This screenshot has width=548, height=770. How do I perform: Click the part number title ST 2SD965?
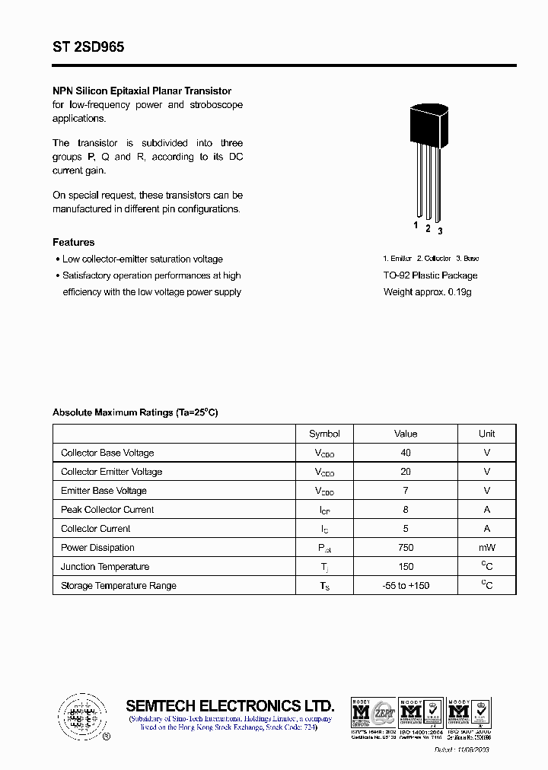(88, 47)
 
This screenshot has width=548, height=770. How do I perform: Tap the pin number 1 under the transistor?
(416, 225)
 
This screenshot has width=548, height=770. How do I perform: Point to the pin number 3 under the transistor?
(440, 231)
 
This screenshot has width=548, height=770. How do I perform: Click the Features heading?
(74, 242)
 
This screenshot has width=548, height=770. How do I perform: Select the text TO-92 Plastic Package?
(430, 275)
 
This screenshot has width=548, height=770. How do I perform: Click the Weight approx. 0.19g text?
(427, 292)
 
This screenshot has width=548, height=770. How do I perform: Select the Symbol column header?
(324, 434)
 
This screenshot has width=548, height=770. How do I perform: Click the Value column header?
(406, 434)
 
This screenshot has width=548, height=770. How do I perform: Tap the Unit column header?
(486, 434)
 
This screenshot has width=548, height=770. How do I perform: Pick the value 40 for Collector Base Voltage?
(406, 453)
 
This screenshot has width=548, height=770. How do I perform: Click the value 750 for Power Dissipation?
(406, 548)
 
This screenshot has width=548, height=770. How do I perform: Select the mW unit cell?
(486, 548)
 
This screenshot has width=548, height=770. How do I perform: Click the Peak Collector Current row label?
(107, 510)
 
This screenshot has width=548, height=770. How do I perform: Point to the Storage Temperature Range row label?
(119, 586)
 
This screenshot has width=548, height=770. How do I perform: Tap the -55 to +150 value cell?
(406, 586)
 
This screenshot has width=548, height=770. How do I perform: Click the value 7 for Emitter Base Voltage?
(406, 491)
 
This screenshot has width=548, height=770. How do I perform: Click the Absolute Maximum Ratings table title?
(135, 412)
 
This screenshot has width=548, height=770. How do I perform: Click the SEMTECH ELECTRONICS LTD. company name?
(230, 705)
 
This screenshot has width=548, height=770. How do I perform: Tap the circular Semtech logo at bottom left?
(80, 716)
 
